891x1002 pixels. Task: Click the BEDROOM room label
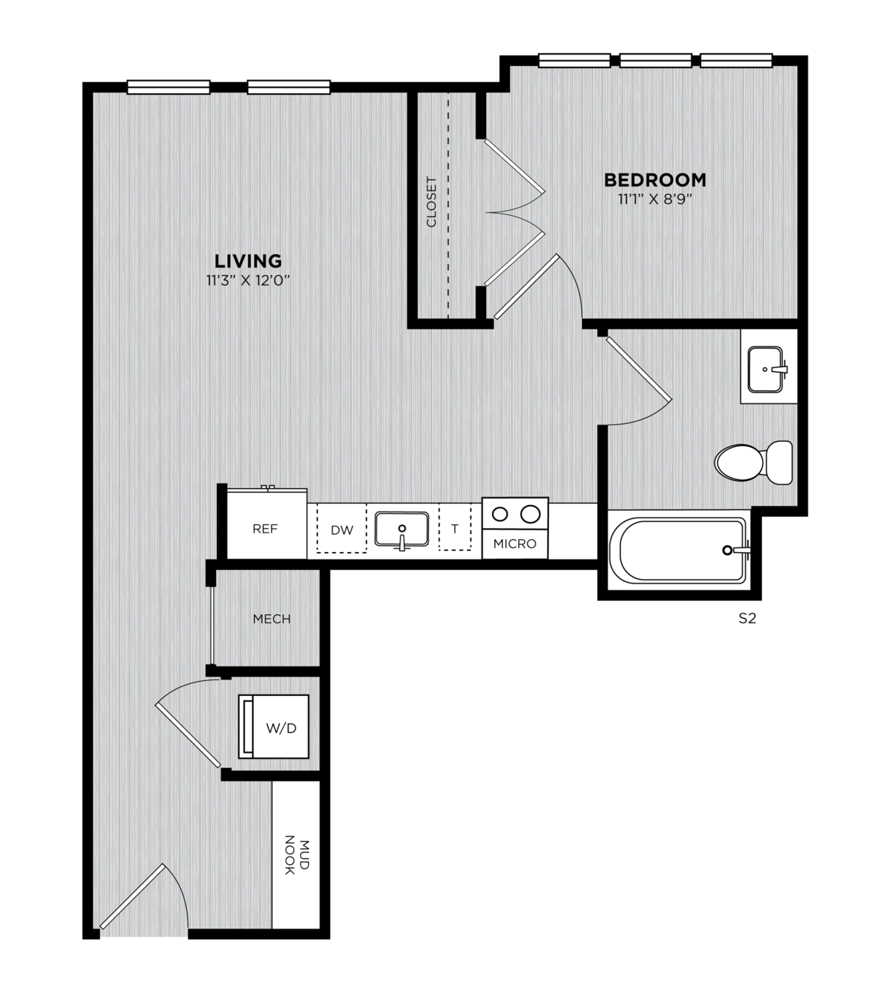[x=655, y=180]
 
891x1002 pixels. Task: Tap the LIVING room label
[x=247, y=261]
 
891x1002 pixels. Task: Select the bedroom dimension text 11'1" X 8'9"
[x=655, y=199]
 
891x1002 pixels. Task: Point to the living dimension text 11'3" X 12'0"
[x=247, y=281]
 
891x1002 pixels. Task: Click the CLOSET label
[x=431, y=202]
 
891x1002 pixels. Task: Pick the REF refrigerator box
[x=267, y=524]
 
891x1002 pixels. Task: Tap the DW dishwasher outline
[x=342, y=528]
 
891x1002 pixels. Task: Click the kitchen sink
[x=402, y=529]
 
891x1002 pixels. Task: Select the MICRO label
[x=515, y=544]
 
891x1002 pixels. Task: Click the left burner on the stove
[x=500, y=514]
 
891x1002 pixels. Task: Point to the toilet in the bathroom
[x=754, y=463]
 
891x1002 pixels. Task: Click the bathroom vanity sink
[x=766, y=370]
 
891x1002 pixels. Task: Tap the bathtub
[x=679, y=550]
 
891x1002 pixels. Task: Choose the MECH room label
[x=271, y=619]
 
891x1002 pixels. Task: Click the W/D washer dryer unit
[x=274, y=727]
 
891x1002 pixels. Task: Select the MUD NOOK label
[x=297, y=855]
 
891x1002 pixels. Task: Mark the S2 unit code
[x=747, y=618]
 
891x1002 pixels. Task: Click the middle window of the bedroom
[x=655, y=60]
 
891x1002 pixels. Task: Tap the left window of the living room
[x=169, y=87]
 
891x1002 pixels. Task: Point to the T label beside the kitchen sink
[x=454, y=529]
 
